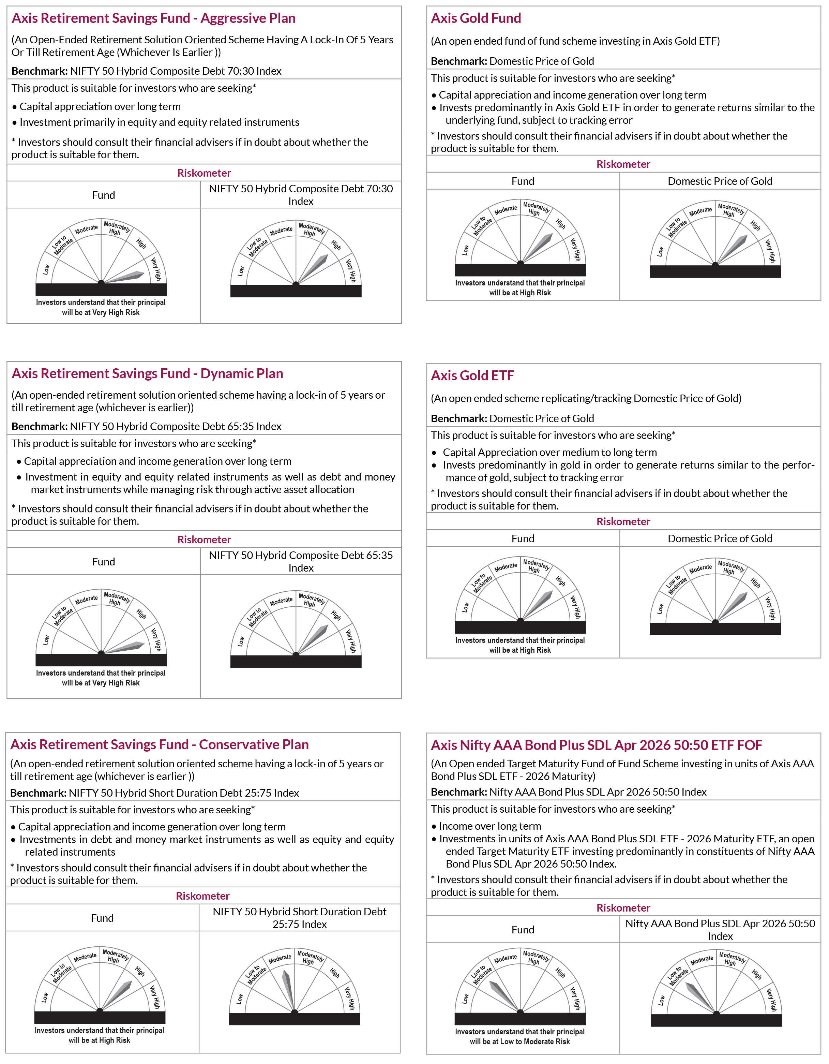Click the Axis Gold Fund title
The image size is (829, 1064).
tap(476, 18)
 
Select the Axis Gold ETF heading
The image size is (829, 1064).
tap(472, 375)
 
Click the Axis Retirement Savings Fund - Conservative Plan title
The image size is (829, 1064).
tap(159, 744)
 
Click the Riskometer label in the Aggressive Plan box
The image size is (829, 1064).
tap(204, 173)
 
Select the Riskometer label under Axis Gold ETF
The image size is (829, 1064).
tap(623, 521)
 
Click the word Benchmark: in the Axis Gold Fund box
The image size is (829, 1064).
tap(458, 61)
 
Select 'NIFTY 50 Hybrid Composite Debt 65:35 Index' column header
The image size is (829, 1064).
tap(301, 561)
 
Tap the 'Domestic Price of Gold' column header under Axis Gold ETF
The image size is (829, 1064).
tap(719, 538)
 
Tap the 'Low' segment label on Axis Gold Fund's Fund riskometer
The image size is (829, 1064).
tap(465, 250)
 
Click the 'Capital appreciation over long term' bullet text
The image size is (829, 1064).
tap(100, 107)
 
